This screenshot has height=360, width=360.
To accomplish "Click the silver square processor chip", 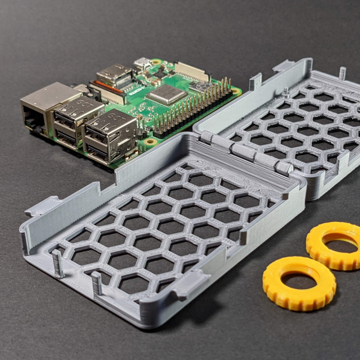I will click(x=166, y=93).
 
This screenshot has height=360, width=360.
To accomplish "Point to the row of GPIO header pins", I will click(x=192, y=107).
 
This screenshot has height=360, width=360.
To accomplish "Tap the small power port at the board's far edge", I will click(x=142, y=63).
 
